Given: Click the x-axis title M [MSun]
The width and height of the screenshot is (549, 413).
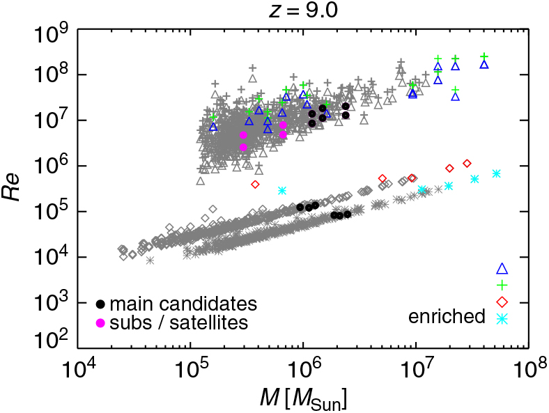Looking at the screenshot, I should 303,398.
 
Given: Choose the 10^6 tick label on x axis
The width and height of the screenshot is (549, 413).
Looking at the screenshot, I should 304,367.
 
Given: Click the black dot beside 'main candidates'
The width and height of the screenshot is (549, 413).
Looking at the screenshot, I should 101,304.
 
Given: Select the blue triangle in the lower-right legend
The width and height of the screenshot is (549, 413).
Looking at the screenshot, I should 502,269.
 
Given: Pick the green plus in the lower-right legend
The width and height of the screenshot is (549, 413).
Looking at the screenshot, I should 502,285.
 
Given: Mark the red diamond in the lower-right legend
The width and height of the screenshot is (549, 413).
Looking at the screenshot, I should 502,302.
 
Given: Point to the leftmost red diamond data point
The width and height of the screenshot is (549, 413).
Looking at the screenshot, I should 255,185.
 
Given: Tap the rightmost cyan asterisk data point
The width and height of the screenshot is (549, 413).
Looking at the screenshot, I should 496,173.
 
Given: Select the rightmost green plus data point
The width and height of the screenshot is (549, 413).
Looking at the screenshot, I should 484,56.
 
